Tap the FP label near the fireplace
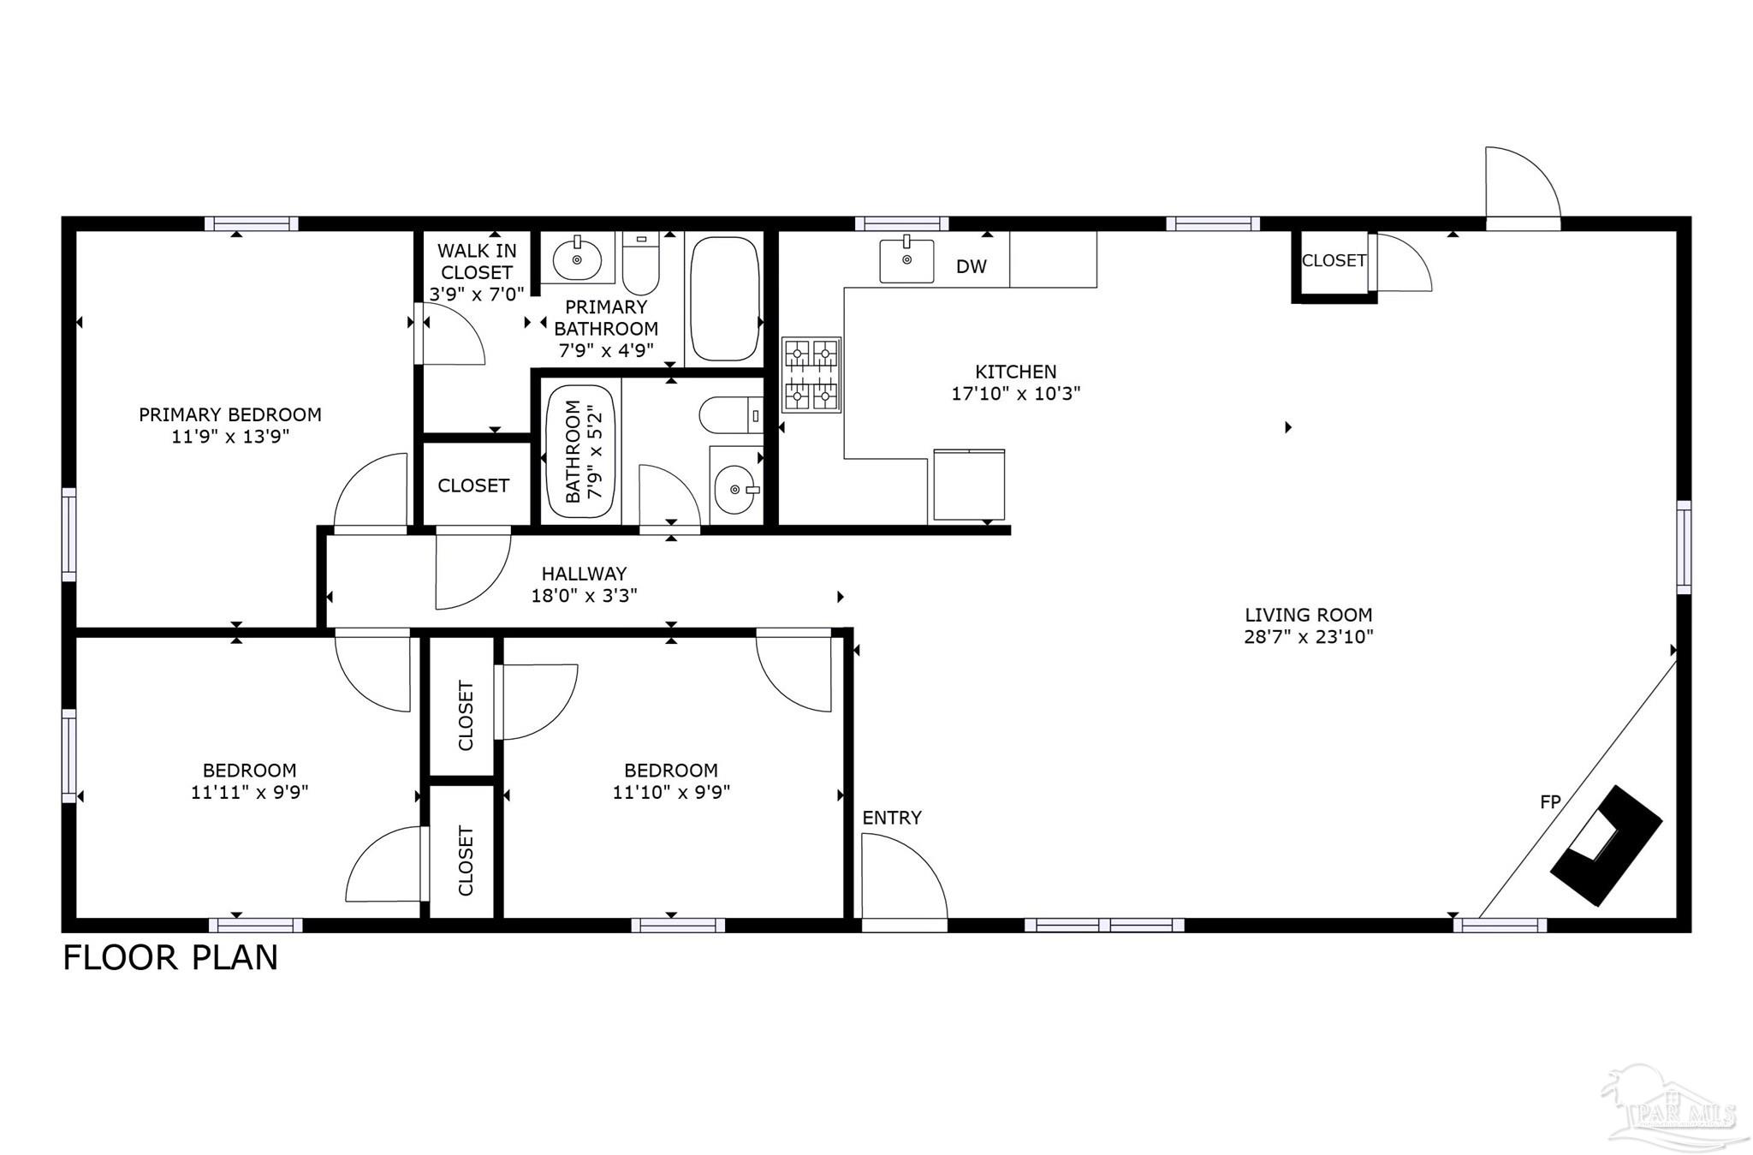tap(1550, 802)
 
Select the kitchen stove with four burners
tap(811, 374)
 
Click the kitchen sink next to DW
tap(906, 259)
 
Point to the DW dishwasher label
tap(971, 266)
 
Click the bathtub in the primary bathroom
tap(724, 299)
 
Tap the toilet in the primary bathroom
tap(639, 264)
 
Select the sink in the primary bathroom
tap(577, 258)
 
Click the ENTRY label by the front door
tap(891, 818)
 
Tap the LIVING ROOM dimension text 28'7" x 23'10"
tap(1308, 637)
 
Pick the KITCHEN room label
tap(1015, 372)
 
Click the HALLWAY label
tap(584, 574)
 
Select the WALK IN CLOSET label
tap(476, 261)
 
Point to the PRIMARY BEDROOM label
tap(230, 414)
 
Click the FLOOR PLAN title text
tap(170, 957)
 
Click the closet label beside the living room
tap(1333, 260)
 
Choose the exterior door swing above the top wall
tap(1521, 184)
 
